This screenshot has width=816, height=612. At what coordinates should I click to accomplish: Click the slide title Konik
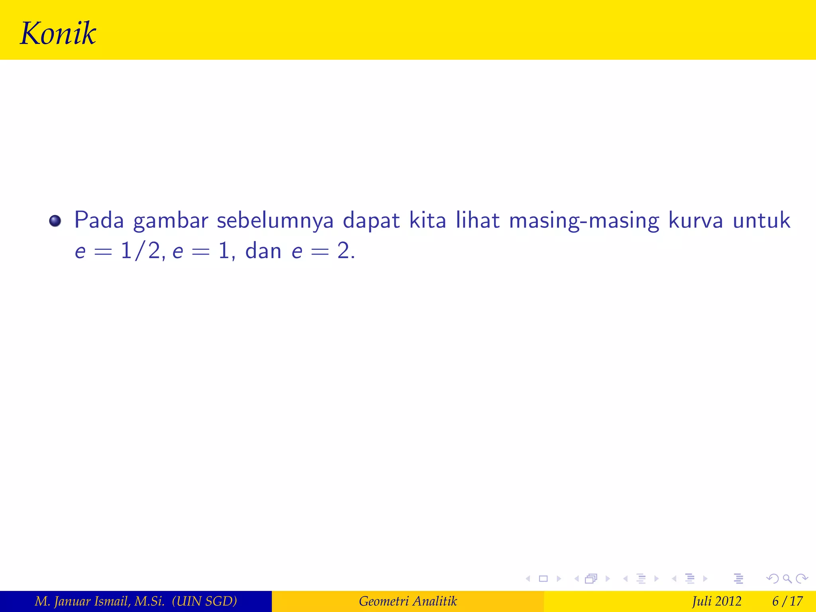tap(58, 33)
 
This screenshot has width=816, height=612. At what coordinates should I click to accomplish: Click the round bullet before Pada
tap(55, 221)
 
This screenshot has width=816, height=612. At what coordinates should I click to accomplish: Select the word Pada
tap(99, 220)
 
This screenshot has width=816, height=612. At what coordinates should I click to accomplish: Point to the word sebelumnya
tap(275, 221)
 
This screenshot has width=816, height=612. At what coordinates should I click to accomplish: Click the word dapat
tap(371, 221)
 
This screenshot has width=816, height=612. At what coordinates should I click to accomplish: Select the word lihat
tap(478, 220)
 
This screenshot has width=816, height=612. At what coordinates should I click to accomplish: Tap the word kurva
tap(695, 220)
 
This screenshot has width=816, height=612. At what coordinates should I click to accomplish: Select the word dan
tap(263, 251)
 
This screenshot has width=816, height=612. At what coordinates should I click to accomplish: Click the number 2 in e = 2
tap(343, 251)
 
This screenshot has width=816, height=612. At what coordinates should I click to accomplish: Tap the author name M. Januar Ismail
tap(100, 601)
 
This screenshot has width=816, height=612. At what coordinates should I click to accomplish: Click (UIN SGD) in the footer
tap(204, 601)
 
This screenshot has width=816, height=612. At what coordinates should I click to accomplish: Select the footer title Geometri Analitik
tap(408, 601)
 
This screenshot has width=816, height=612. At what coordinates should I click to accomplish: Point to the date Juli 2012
tap(716, 601)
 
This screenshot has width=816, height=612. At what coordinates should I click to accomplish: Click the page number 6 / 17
tap(787, 601)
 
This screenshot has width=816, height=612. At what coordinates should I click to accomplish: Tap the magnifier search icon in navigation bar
tap(787, 579)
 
